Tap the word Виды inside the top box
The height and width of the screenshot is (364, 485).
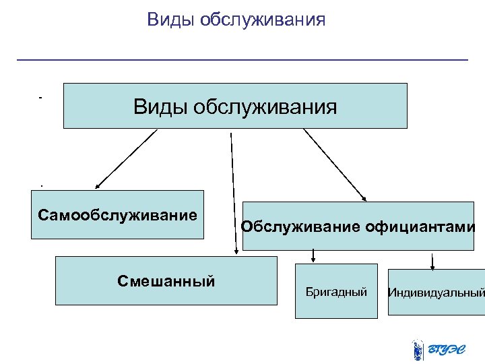[x=159, y=106]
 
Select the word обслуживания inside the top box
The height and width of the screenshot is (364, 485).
[x=264, y=106]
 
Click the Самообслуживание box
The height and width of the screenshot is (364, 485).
[x=118, y=215]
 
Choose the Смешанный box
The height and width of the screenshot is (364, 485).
[x=166, y=280]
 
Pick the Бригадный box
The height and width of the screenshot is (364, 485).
[x=336, y=291]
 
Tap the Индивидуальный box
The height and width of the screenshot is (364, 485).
[x=436, y=292]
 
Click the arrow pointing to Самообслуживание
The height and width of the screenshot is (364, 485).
[x=126, y=159]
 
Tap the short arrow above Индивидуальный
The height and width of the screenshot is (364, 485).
[x=432, y=260]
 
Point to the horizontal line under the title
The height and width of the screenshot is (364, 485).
[x=242, y=61]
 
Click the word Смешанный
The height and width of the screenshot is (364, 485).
[x=166, y=280]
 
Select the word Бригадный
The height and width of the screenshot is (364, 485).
[x=336, y=292]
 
